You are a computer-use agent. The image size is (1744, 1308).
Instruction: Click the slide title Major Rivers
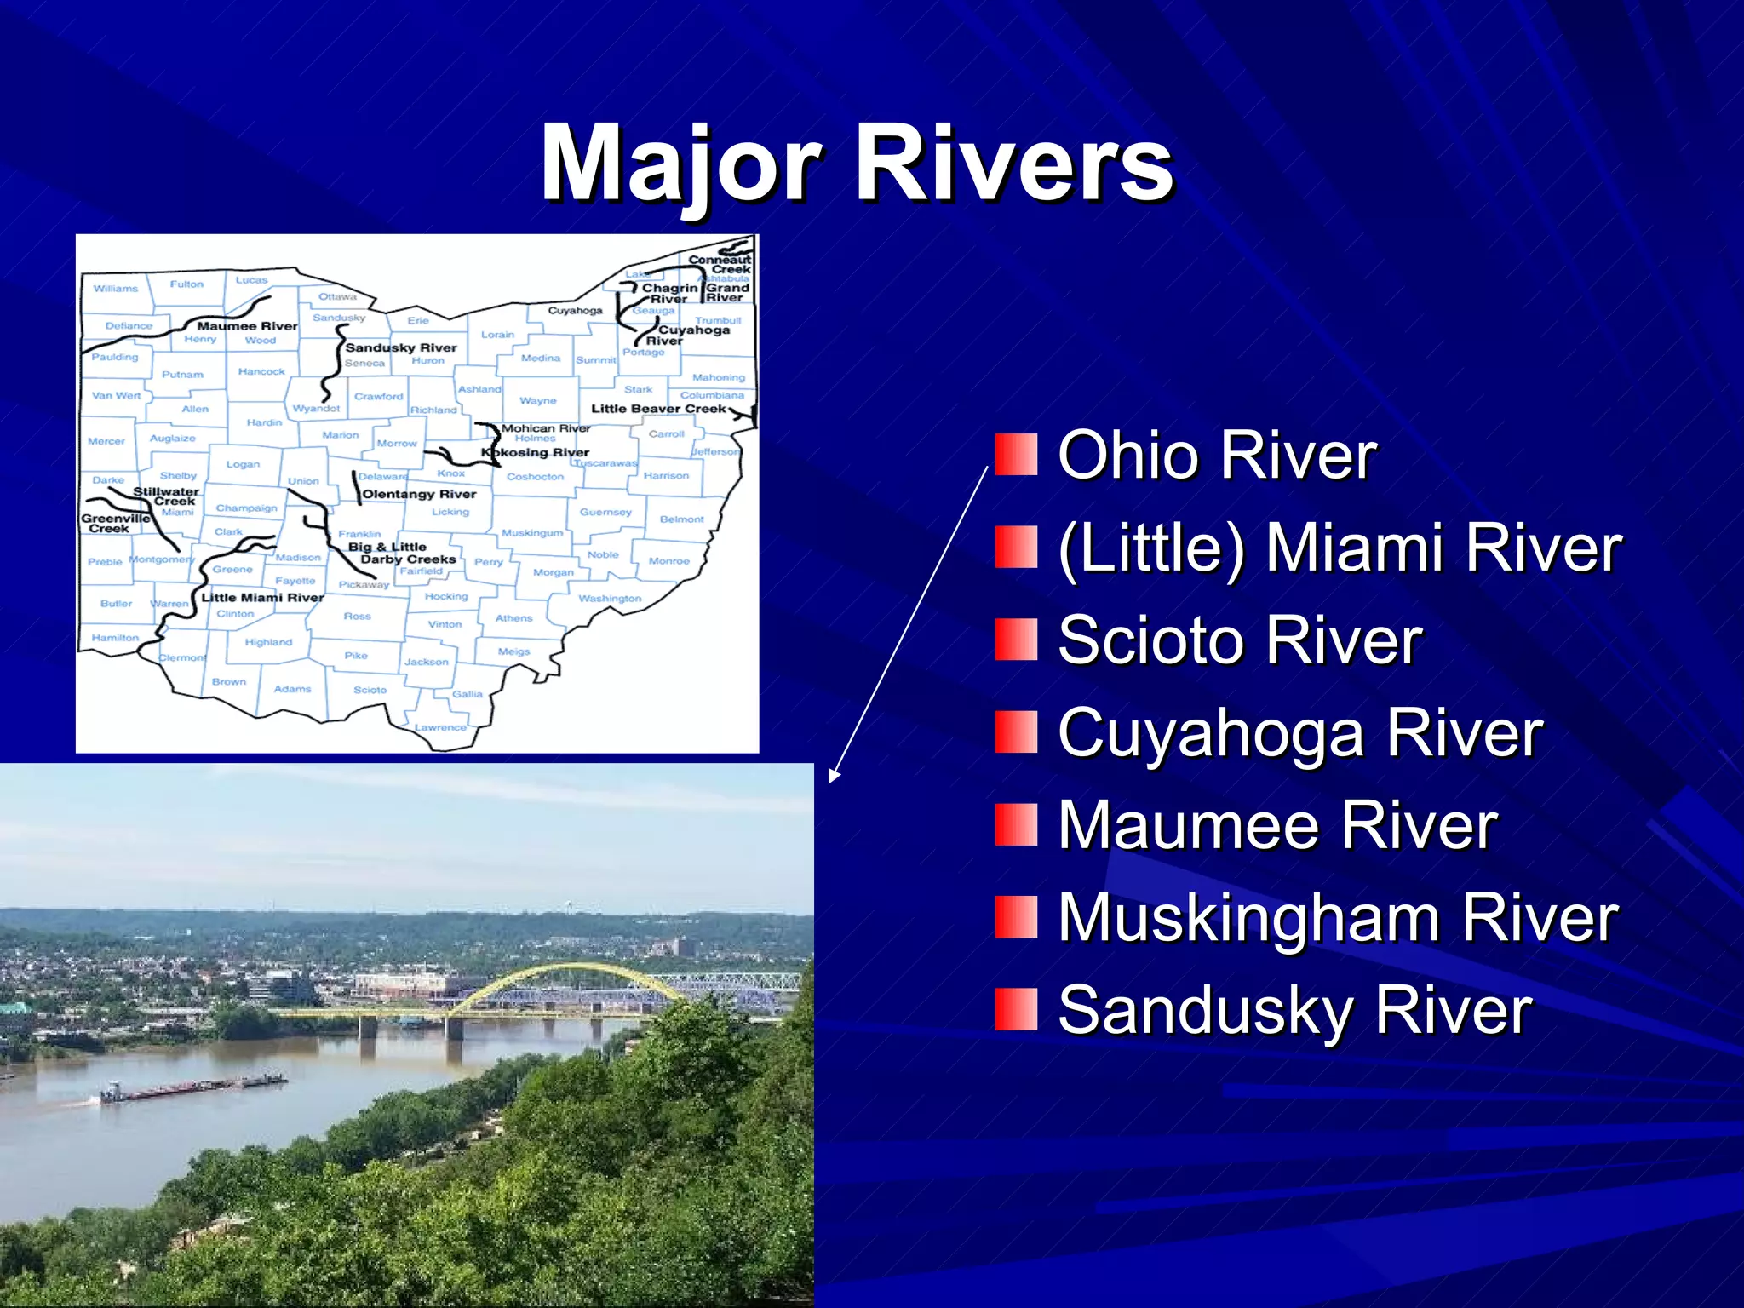pos(857,163)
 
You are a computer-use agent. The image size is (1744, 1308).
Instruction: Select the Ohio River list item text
pos(1217,456)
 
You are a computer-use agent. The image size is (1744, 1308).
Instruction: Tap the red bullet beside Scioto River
pos(1016,640)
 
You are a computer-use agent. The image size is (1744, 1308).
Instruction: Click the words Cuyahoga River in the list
pos(1299,733)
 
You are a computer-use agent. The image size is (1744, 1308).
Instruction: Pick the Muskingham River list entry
pos(1337,918)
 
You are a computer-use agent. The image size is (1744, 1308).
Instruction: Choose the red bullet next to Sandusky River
pos(1016,1009)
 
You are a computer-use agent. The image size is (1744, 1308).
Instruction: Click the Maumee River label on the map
pos(247,326)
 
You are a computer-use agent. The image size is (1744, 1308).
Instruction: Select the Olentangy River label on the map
pos(419,494)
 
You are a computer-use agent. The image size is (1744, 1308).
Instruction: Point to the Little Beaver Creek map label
pos(658,409)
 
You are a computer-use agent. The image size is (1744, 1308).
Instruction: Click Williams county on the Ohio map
pos(116,289)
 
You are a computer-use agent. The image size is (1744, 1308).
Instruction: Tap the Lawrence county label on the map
pos(440,727)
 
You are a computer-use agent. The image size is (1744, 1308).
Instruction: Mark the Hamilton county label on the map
pos(115,638)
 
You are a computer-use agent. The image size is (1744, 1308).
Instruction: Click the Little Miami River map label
pos(262,598)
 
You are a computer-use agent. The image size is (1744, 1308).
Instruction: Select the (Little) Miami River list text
pos(1340,548)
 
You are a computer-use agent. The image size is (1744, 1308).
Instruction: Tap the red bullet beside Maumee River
pos(1016,824)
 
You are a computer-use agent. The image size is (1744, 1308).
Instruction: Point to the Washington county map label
pos(610,599)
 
